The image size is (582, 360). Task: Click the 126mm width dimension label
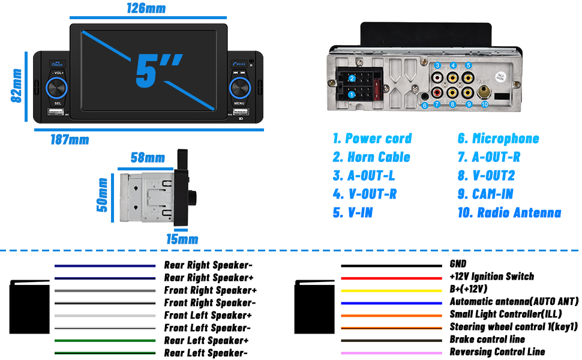(x=146, y=8)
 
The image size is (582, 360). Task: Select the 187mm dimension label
(x=70, y=140)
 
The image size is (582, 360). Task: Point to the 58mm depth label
(x=148, y=158)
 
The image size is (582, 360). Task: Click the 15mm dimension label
(x=182, y=239)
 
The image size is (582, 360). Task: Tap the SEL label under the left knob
(x=58, y=103)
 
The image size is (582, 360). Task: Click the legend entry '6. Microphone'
(x=498, y=139)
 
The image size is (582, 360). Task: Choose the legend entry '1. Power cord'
(x=372, y=139)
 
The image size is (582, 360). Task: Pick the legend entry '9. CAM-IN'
(x=485, y=194)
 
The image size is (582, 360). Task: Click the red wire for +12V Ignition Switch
(x=391, y=277)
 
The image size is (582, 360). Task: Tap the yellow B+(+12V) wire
(x=391, y=290)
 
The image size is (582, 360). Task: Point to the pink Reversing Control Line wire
(x=391, y=353)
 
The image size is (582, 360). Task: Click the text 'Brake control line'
(x=487, y=340)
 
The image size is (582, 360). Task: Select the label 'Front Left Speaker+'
(x=208, y=315)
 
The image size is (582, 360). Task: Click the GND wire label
(x=458, y=264)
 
